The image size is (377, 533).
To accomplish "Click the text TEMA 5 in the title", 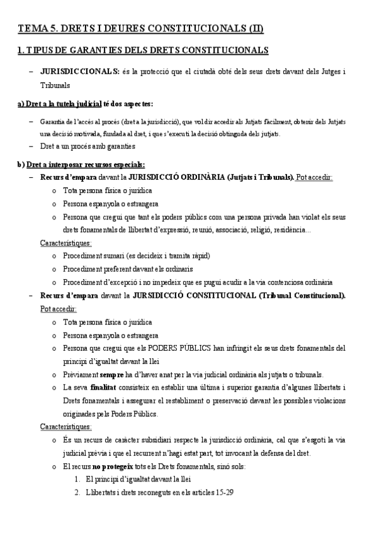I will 37,28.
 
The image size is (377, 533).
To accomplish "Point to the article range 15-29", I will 224,492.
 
